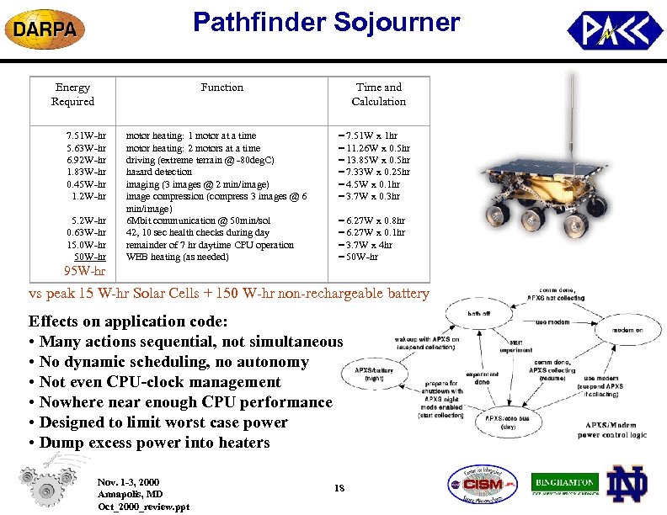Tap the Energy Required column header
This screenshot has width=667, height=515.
coord(72,94)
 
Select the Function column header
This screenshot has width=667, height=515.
coord(222,88)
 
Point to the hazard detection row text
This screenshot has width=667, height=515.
coord(159,172)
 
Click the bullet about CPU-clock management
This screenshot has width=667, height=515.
coord(160,382)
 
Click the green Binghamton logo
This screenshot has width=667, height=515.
coord(564,484)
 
